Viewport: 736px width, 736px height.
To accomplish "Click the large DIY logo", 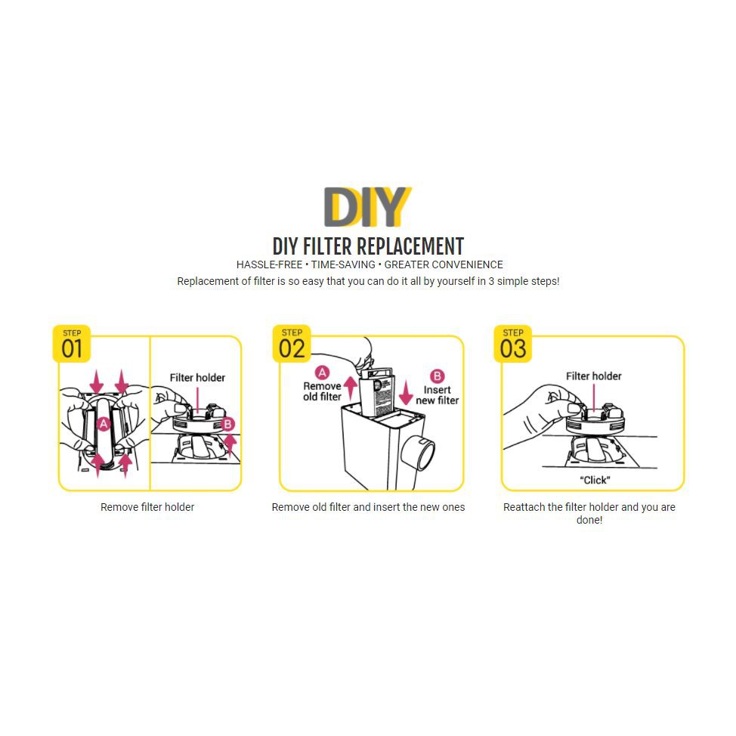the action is [367, 206].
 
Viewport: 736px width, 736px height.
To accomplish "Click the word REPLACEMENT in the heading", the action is [410, 246].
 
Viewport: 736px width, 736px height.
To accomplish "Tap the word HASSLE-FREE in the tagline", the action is [270, 264].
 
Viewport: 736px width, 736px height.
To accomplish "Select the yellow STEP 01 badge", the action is [71, 344].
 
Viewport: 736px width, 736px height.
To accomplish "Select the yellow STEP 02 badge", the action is [292, 344].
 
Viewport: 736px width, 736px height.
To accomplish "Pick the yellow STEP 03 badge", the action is [512, 344].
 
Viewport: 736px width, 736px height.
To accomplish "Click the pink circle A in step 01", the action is [104, 425].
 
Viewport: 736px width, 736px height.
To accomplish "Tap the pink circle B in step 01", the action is [227, 425].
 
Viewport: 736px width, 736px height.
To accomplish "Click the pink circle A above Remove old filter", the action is [322, 373].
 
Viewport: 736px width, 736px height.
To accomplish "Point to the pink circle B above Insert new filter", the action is [437, 376].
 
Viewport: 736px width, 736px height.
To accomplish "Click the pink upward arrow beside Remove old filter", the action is [350, 388].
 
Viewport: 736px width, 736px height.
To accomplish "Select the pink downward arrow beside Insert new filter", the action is [406, 392].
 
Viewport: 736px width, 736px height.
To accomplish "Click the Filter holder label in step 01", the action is [197, 378].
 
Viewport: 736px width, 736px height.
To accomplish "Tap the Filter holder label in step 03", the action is [593, 376].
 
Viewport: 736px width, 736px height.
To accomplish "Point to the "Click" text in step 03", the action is [595, 480].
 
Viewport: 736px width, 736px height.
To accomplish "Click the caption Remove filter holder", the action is [147, 507].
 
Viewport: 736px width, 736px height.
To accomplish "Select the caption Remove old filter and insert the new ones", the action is [368, 507].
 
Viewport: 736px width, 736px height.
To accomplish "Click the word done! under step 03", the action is [589, 520].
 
